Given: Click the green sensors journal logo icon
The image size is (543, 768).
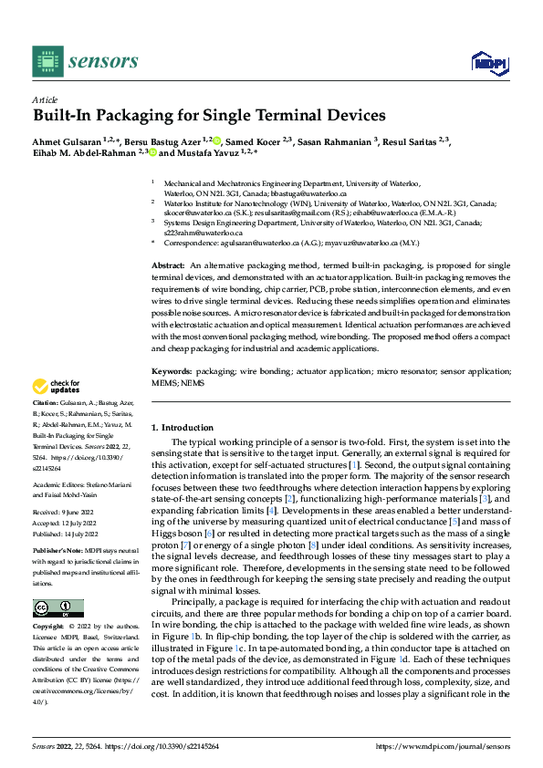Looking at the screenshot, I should coord(47,60).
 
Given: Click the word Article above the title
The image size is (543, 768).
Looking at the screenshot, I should coord(45,99).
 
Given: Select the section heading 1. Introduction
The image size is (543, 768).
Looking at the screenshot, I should coord(182,427).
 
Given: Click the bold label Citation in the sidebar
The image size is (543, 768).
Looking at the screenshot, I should coord(45,402).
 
